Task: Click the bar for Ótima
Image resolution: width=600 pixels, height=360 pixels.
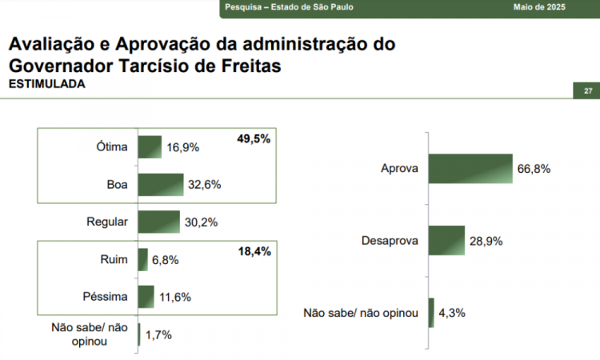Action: coord(150,147)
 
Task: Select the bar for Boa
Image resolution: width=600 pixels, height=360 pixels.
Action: coord(161,185)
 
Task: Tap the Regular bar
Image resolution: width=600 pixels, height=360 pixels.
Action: coord(158,222)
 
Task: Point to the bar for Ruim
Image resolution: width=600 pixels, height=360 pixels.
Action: coord(143,259)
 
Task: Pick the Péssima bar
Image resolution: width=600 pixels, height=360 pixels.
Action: coord(146,297)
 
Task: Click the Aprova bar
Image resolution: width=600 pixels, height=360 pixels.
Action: coord(470,169)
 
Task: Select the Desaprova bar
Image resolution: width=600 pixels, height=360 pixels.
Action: coord(446,241)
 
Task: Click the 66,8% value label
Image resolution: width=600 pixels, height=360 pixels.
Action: coord(535,169)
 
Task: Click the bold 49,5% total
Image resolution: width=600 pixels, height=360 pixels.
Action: coord(254,139)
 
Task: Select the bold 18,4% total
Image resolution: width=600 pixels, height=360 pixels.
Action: coord(254,252)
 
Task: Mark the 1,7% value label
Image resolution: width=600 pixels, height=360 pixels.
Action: coord(158,334)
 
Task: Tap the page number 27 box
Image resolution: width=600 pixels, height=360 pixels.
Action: coord(588,90)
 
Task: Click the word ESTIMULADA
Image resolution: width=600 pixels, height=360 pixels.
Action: coord(46,83)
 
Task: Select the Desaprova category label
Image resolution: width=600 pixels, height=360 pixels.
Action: coord(390,241)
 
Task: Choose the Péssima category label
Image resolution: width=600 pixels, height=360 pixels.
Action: coord(105,297)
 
